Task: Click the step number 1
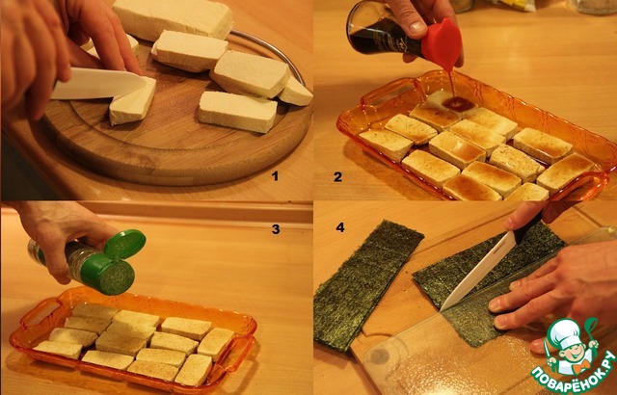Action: point(275,176)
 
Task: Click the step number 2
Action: point(337,177)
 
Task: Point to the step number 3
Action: point(276,229)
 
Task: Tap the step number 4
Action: point(340,227)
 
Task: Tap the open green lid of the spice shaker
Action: point(124,244)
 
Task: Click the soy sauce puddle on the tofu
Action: point(459,104)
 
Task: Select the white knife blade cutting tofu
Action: point(97,83)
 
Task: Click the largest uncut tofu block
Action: point(173,18)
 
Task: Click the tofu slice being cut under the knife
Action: point(133,101)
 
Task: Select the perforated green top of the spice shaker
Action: point(116,276)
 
